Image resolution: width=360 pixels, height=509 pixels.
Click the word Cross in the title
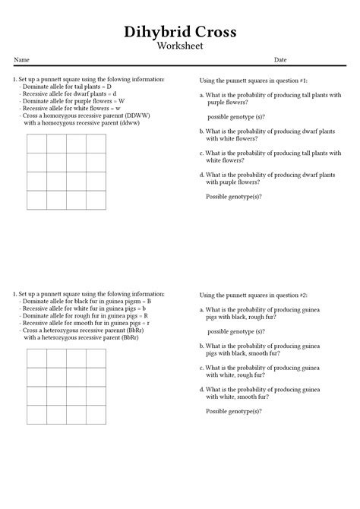pyautogui.click(x=214, y=32)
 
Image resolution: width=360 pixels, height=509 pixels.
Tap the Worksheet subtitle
pyautogui.click(x=180, y=46)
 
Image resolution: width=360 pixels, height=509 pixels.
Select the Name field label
pyautogui.click(x=21, y=59)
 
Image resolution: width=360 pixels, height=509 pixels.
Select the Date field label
pyautogui.click(x=280, y=59)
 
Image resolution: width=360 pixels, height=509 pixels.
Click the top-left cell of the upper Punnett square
pyautogui.click(x=37, y=144)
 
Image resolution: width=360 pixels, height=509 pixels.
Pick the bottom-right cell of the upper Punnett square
pyautogui.click(x=96, y=200)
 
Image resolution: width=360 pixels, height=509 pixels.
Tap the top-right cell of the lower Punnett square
pyautogui.click(x=96, y=359)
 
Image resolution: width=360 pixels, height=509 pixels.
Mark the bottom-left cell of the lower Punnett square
pyautogui.click(x=37, y=414)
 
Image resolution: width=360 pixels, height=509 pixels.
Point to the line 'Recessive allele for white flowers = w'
pyautogui.click(x=72, y=108)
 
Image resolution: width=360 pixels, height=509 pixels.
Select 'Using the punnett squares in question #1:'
pyautogui.click(x=253, y=81)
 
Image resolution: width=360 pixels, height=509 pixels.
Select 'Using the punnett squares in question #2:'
pyautogui.click(x=253, y=295)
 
